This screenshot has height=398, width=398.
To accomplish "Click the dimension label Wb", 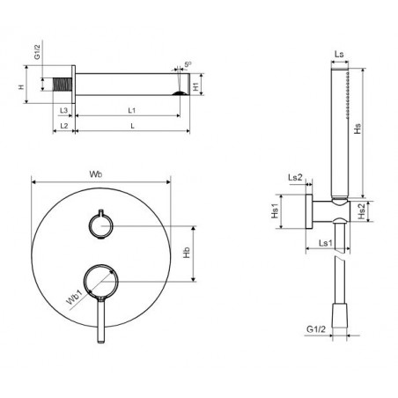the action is pos(96,174).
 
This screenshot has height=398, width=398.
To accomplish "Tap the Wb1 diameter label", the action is pos(74,297).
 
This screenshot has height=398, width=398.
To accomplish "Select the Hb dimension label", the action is pos(187,253).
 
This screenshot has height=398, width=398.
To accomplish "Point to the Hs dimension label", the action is pos(357,129).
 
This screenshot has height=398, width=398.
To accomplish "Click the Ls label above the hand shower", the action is pos(339,55).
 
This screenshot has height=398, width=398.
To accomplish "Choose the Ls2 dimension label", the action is pos(295,177).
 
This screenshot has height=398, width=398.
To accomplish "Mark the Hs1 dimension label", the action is pos(275,211).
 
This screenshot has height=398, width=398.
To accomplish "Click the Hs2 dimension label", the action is pos(362,211).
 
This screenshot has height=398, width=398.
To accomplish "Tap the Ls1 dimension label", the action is pos(326,243).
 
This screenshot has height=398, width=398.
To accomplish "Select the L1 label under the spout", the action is pos(132,110).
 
